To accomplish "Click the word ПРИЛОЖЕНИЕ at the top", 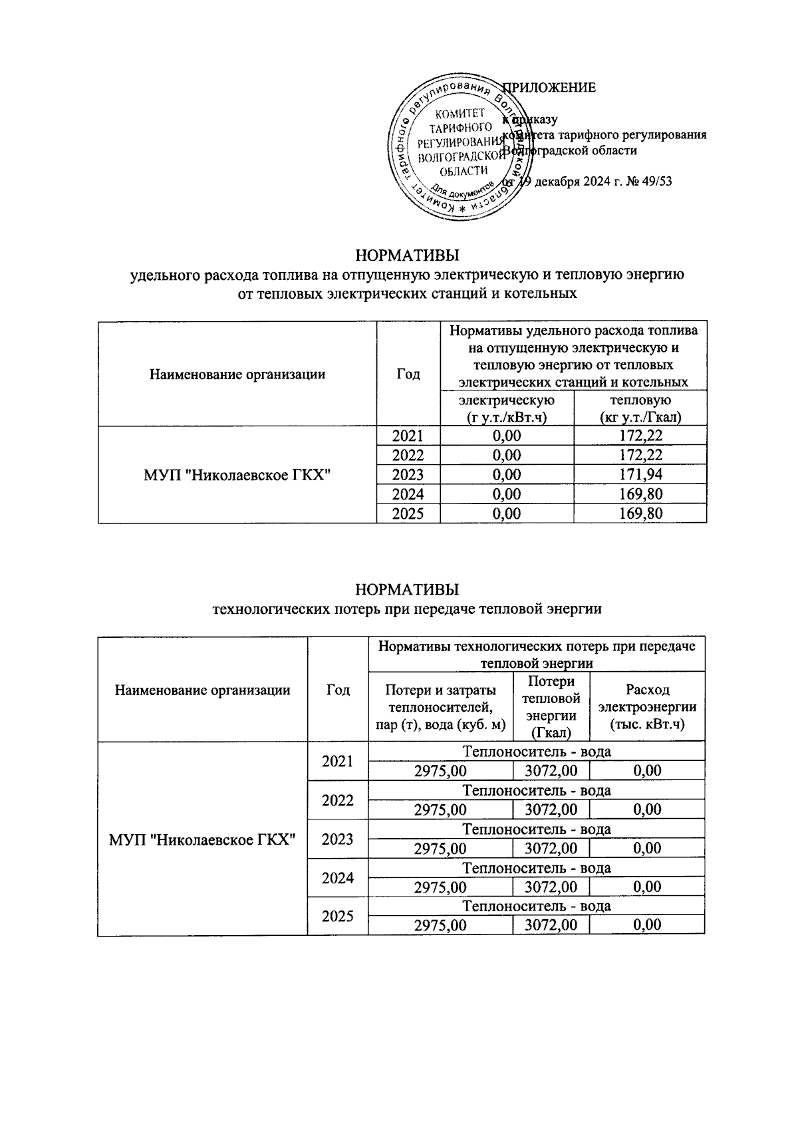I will coord(549,88).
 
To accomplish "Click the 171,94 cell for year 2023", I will coord(640,475).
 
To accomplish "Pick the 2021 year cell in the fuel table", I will coord(408,436).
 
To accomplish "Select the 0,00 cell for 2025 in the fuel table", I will coord(507,513).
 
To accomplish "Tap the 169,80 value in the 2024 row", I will coord(640,494).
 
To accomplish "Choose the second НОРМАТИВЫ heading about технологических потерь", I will coord(407,590).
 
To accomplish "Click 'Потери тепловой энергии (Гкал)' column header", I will coord(551,707).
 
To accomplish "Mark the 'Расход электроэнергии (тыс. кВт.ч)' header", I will coord(647,707).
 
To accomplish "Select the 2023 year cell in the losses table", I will coord(337,839).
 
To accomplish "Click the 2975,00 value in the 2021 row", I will coord(440,771).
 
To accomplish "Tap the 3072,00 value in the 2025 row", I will coord(551,925).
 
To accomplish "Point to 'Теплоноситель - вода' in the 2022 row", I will coord(536,791).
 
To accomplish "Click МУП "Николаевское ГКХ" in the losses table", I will coord(202,839).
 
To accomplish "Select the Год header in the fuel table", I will coord(408,374).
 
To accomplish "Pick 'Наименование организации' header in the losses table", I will coord(202,690).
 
